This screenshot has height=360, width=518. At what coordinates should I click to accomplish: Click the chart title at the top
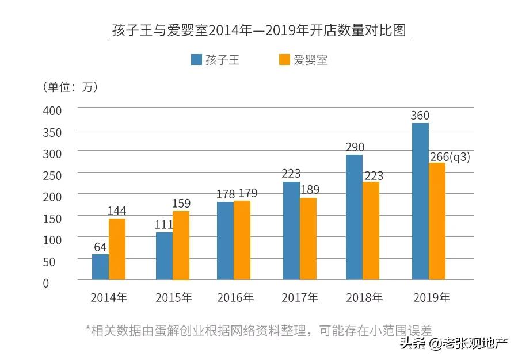point(259,30)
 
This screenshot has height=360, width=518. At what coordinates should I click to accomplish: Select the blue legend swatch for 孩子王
point(196,60)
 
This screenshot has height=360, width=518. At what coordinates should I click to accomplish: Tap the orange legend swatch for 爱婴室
point(284,60)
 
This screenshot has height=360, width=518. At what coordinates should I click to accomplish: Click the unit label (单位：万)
point(70,87)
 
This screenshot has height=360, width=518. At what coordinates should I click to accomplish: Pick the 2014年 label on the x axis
point(109,297)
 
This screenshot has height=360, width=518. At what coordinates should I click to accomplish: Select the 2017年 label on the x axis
point(300,297)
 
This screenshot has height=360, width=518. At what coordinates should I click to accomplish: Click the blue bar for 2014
point(100,267)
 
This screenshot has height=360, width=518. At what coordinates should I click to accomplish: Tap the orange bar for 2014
point(117,249)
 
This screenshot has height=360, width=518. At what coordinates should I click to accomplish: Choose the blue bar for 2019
point(420,201)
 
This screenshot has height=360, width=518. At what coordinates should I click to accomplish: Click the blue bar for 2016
point(226,240)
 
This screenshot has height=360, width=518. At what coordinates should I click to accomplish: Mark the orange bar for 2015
point(181,245)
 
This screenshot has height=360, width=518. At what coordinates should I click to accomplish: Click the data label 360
point(420,116)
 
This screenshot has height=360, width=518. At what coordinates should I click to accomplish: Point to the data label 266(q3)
point(450,156)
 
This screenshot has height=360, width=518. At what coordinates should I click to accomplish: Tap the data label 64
point(100,247)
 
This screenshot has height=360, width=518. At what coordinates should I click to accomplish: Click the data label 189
point(309,190)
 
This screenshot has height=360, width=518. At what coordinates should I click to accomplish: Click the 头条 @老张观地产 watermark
point(454,344)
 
